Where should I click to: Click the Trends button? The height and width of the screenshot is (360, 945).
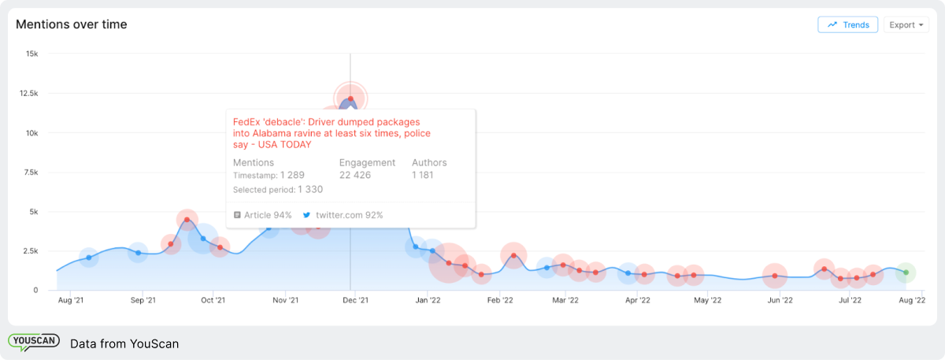coord(847,25)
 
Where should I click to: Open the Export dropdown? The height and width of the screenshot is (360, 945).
coord(906,25)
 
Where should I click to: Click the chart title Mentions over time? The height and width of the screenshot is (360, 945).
coord(72,24)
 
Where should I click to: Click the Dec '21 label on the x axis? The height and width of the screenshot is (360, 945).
coord(356,300)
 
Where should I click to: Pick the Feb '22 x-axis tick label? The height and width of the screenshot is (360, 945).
coord(500,300)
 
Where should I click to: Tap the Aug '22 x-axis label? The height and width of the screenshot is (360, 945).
coord(911,300)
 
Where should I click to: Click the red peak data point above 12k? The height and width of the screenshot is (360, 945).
coord(350,98)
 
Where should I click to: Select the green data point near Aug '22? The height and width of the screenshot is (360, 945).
coord(906,273)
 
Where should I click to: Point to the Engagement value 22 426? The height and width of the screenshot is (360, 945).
coord(355,175)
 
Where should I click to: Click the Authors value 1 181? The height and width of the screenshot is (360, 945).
coord(423,175)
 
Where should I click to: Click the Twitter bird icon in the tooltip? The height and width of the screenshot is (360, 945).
coord(307,215)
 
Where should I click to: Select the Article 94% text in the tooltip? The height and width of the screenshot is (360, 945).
coord(268,215)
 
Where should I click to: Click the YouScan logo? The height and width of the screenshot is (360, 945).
coord(34,343)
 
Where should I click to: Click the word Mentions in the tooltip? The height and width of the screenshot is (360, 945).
coord(254,162)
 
